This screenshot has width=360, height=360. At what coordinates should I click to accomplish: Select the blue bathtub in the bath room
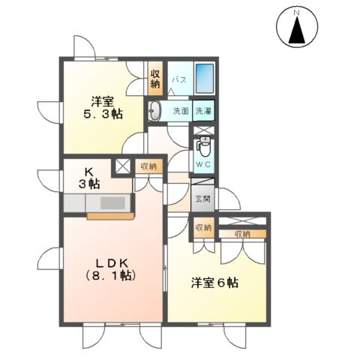pos(205,79)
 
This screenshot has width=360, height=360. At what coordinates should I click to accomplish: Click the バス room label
pos(178,79)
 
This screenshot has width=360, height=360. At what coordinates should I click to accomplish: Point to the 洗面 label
pos(181,112)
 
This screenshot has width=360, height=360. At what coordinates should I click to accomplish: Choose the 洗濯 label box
pos(202,111)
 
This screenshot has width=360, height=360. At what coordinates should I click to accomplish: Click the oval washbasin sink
pos(155,112)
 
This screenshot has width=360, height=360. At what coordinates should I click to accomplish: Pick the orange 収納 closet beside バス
pos(155,78)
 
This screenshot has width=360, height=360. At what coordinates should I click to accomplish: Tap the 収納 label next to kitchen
pos(148,166)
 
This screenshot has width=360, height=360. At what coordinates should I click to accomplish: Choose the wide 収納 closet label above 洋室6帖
pos(242,234)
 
